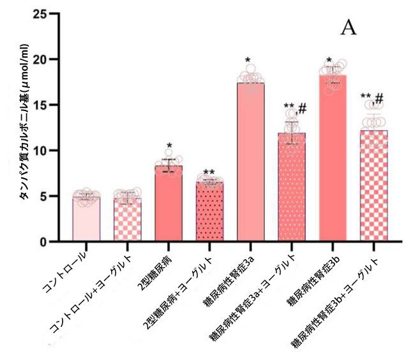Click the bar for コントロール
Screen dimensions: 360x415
coord(86,220)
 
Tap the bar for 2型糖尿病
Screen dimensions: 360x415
coord(168,204)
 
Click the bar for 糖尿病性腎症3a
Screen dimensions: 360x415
coord(250,163)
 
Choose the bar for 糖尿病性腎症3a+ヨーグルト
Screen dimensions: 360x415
coord(292,188)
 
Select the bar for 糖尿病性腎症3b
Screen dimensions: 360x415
coord(333,160)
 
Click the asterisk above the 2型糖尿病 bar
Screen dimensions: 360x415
coord(169,146)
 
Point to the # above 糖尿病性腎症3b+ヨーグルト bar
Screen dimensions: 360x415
coord(379,98)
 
